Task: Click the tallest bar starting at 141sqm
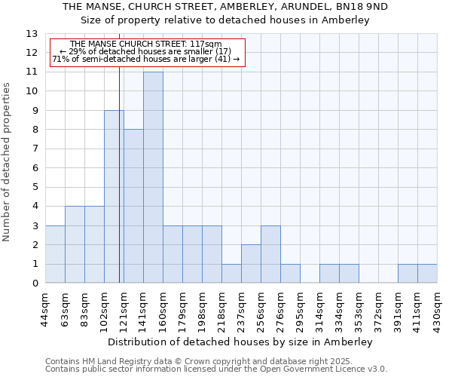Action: point(153,177)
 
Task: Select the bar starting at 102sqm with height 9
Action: point(114,197)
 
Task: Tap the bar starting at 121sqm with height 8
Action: point(133,206)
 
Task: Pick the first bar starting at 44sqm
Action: point(55,254)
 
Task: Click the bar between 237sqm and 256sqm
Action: point(251,264)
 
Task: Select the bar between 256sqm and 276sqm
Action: point(270,254)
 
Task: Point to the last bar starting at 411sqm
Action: point(427,274)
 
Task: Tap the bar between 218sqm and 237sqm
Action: point(231,274)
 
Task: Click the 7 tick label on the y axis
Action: point(35,149)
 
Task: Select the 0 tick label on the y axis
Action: point(35,284)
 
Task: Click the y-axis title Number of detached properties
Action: point(8,162)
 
